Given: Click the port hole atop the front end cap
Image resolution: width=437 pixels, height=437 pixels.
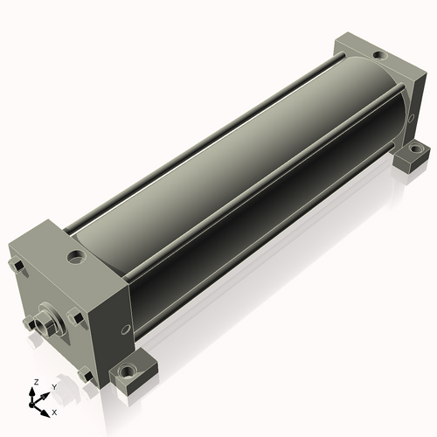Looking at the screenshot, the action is coord(77,256).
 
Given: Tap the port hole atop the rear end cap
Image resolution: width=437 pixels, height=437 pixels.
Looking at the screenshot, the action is coord(379,54).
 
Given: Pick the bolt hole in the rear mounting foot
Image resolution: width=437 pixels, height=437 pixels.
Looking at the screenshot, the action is coord(413,149).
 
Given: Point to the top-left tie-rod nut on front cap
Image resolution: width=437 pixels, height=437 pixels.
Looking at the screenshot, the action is coord(17,266).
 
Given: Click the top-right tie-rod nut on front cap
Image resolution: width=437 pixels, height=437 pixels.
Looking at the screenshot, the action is coord(75,317).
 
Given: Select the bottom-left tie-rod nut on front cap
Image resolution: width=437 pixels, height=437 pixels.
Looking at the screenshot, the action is coord(29,323).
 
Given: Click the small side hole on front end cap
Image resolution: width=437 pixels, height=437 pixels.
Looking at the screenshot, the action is coord(125,329).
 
